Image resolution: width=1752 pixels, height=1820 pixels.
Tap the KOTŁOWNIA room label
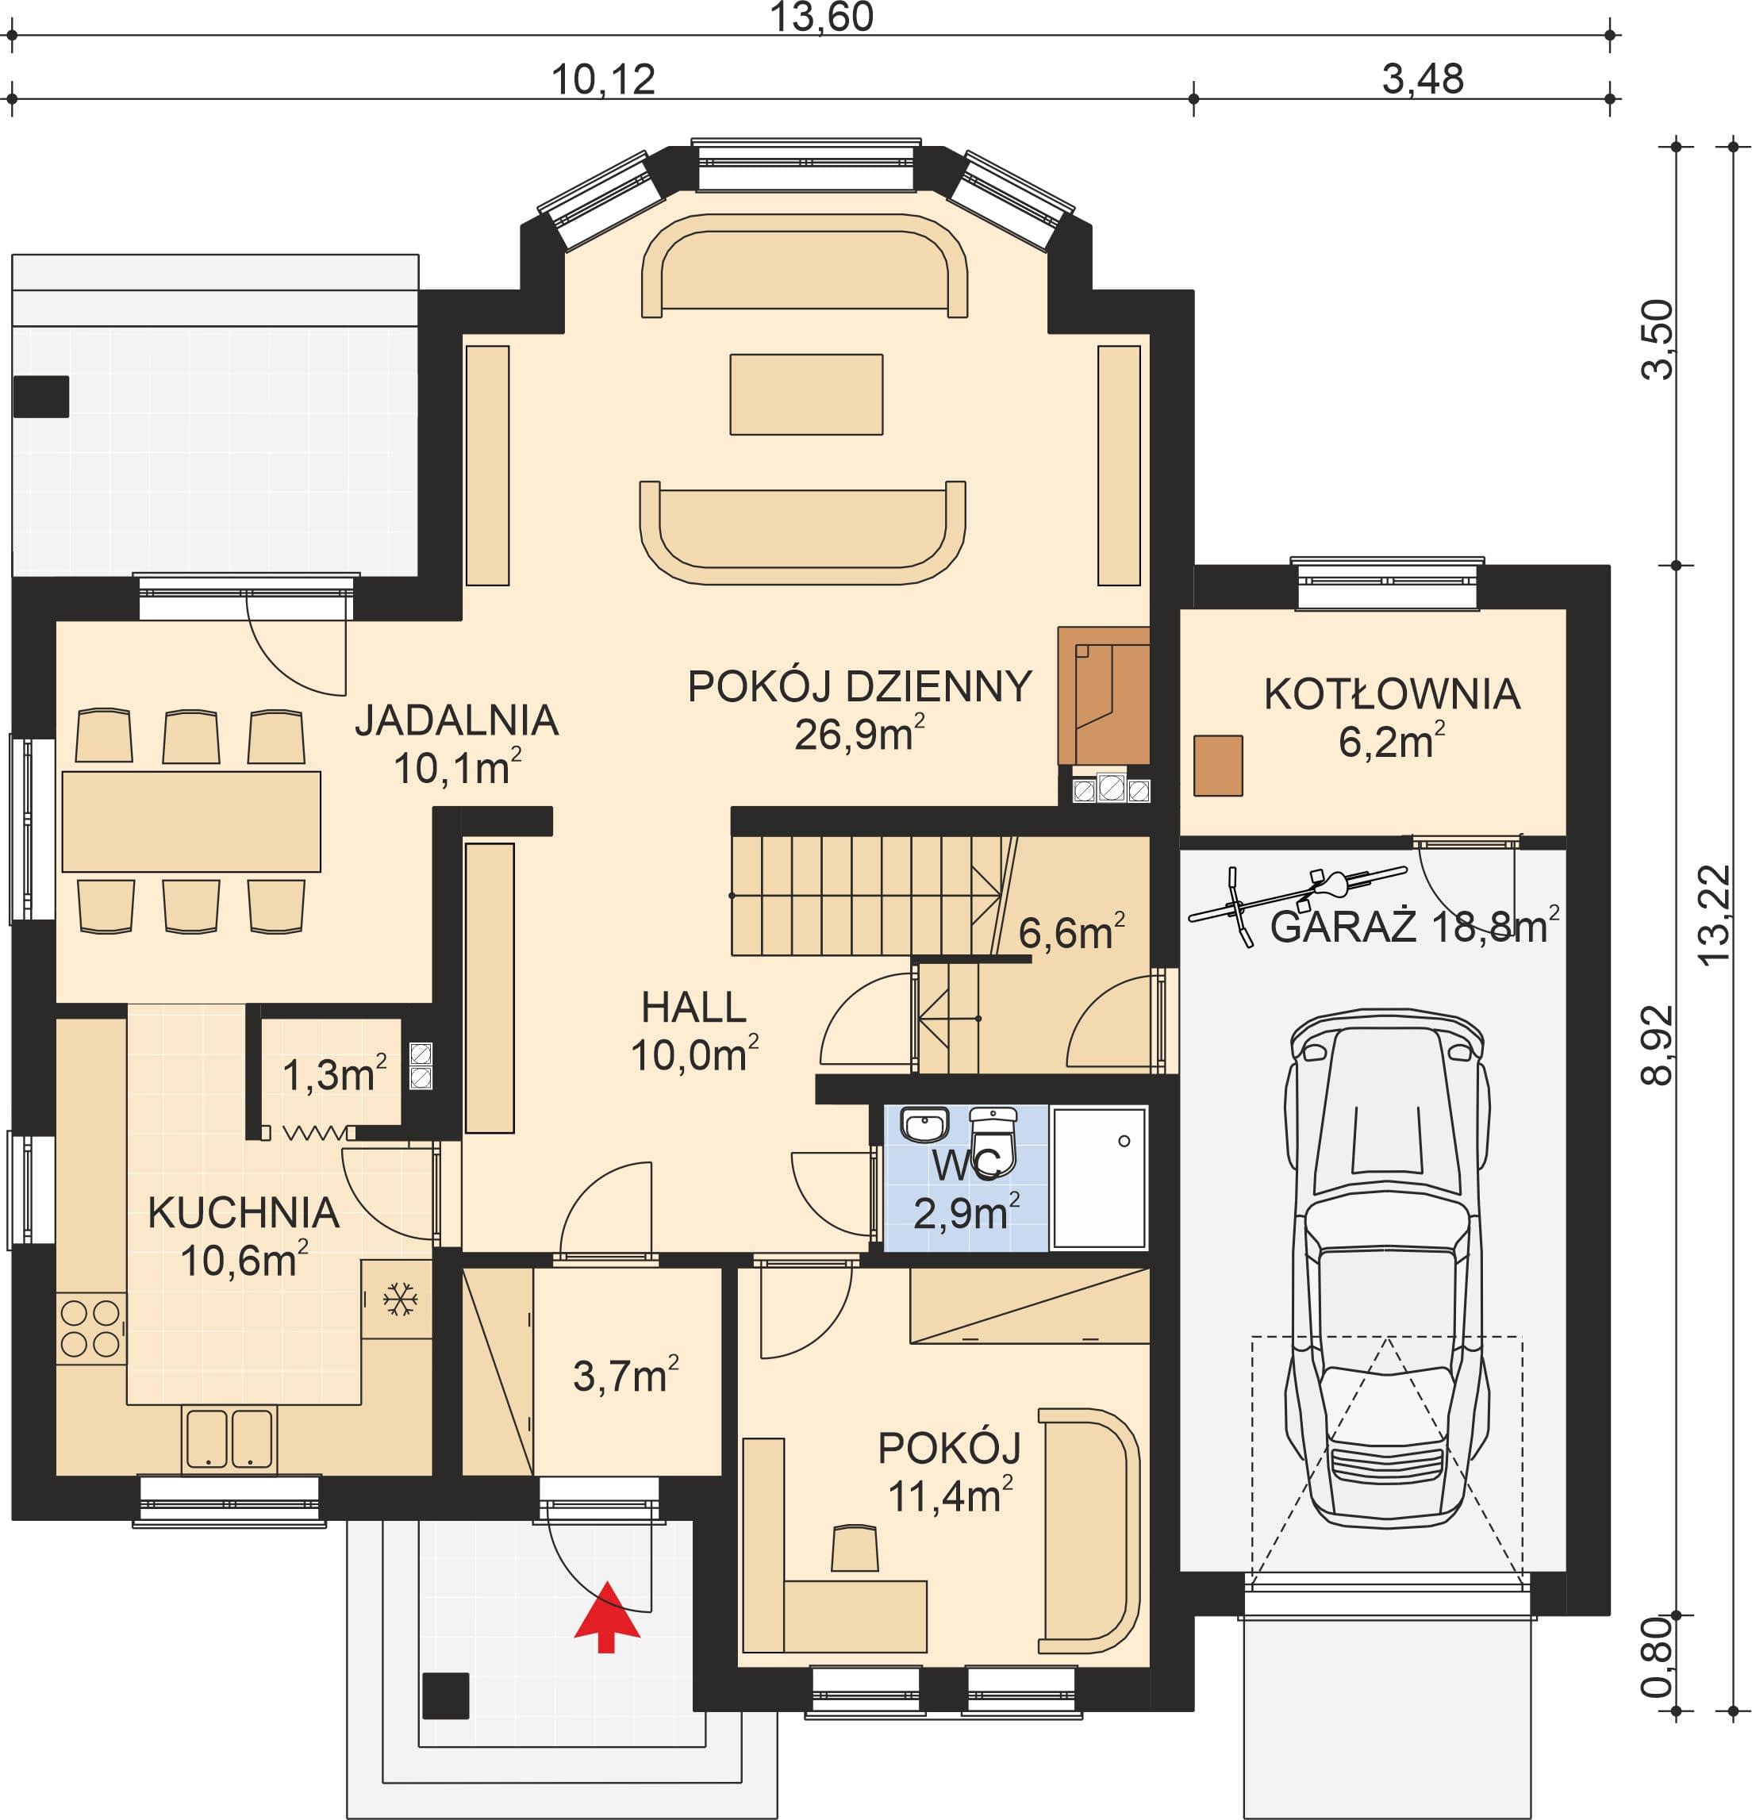[x=1392, y=694]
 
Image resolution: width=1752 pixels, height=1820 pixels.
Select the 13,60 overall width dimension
[x=822, y=17]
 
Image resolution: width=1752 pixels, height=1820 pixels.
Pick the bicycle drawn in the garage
[x=1298, y=901]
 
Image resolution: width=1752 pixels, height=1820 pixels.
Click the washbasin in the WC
[x=924, y=1124]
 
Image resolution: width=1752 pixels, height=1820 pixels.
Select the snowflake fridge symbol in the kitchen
[x=400, y=1298]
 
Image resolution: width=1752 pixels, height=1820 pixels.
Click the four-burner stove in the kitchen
[x=90, y=1329]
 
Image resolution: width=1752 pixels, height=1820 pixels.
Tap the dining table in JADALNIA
[x=191, y=821]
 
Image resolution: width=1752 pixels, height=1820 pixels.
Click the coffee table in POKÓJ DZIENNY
[x=806, y=394]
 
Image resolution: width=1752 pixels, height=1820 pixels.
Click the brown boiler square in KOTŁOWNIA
[x=1217, y=765]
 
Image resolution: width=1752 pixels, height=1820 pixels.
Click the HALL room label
[x=693, y=1008]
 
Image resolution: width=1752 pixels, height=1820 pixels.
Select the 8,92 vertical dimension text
[x=1658, y=1045]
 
